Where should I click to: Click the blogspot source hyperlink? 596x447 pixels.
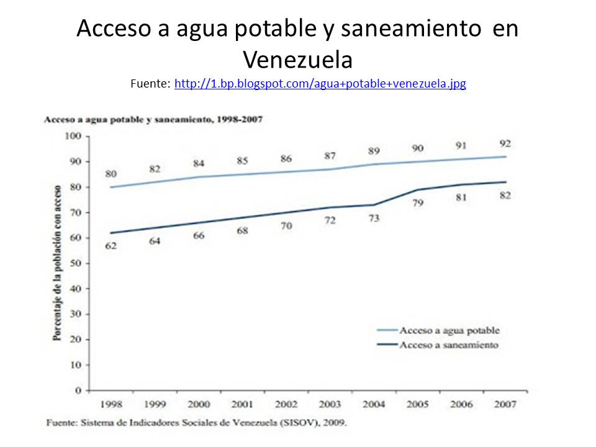point(320,83)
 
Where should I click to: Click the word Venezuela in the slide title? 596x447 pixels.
point(298,60)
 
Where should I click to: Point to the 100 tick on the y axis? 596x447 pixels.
point(73,136)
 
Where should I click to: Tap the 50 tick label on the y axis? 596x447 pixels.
point(75,263)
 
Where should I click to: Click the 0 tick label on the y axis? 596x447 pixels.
point(78,391)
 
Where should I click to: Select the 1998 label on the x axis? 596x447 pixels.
point(111,404)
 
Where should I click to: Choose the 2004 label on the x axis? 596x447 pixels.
point(374,404)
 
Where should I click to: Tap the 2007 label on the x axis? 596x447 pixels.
point(505,404)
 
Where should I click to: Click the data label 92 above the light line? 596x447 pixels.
point(505,143)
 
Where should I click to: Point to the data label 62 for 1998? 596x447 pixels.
point(111,246)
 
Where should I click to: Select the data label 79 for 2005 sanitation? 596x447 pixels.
point(418,202)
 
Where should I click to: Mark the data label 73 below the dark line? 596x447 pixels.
point(374,218)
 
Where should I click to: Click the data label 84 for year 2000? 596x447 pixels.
point(199,163)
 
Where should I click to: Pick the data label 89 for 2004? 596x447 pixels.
point(374,151)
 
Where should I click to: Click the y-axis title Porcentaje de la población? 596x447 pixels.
point(57,263)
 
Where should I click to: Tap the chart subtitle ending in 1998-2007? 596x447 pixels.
point(153,120)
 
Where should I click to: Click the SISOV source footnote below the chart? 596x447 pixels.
point(197,423)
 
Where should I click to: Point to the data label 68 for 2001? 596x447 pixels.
point(242,231)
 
